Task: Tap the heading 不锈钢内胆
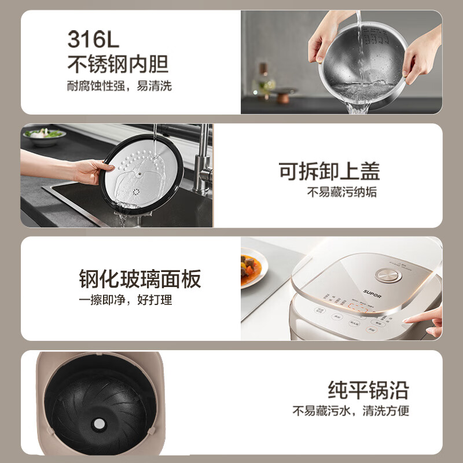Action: click(117, 63)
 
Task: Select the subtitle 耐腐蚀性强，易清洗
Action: click(119, 86)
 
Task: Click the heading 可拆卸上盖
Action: click(329, 171)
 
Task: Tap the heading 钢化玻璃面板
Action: click(139, 279)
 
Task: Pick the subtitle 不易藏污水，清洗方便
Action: click(350, 411)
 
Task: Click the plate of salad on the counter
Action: click(44, 135)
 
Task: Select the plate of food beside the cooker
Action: click(252, 268)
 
